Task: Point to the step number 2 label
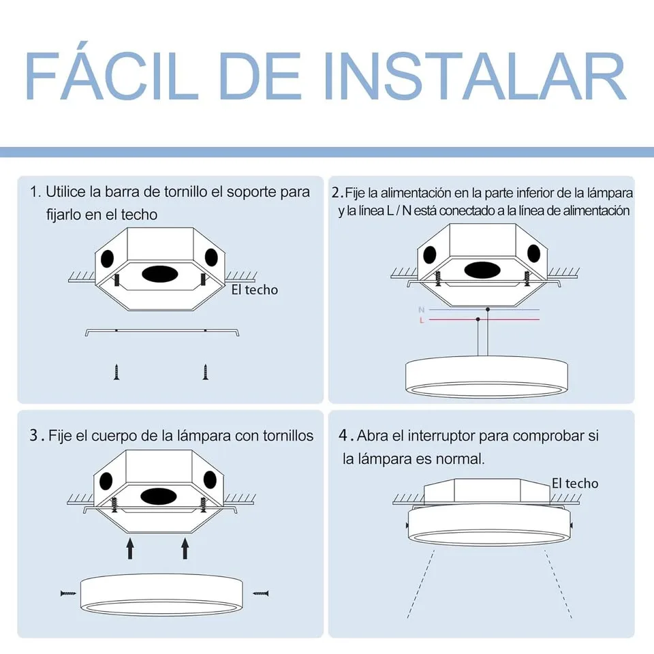[337, 193]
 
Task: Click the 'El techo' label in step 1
[255, 290]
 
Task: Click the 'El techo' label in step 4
[575, 483]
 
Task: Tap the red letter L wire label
[422, 320]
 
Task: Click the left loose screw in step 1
[116, 371]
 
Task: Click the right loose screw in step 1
[204, 371]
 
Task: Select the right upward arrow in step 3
[185, 546]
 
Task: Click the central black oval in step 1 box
[160, 275]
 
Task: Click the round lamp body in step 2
[486, 377]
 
